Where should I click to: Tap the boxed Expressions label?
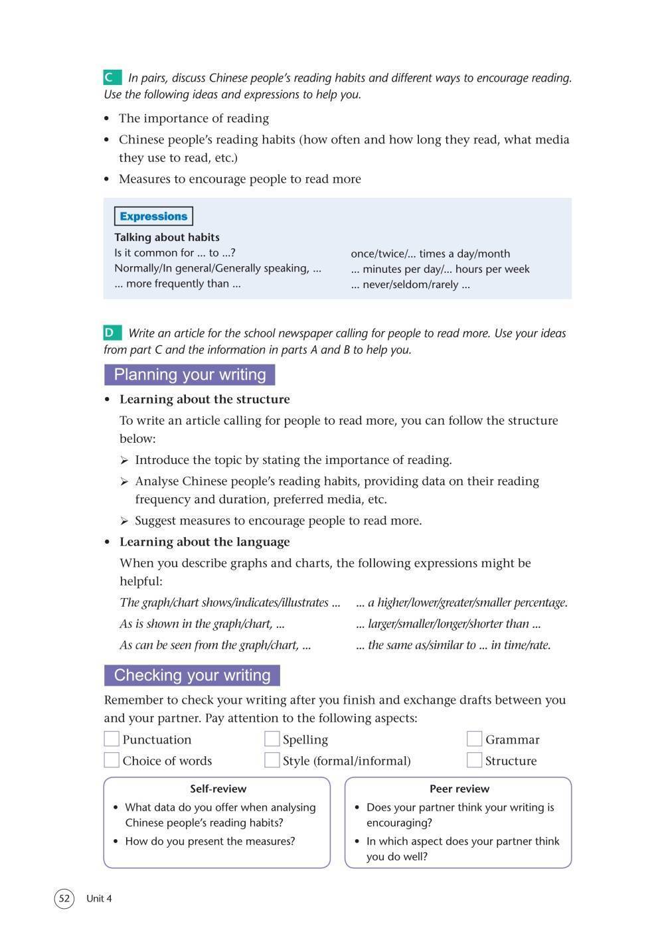pyautogui.click(x=153, y=216)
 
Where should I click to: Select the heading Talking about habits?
pyautogui.click(x=167, y=237)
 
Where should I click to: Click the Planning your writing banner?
pyautogui.click(x=189, y=374)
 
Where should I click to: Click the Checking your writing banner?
pyautogui.click(x=192, y=675)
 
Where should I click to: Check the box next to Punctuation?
pyautogui.click(x=112, y=739)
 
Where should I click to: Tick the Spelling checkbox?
pyautogui.click(x=272, y=739)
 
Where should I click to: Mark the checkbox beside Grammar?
pyautogui.click(x=474, y=739)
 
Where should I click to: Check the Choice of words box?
pyautogui.click(x=112, y=760)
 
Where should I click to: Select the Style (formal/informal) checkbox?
pyautogui.click(x=272, y=760)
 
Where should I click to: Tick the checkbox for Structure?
pyautogui.click(x=474, y=760)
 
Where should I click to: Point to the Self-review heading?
pyautogui.click(x=218, y=789)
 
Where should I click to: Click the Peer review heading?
pyautogui.click(x=459, y=789)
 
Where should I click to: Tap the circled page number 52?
pyautogui.click(x=64, y=899)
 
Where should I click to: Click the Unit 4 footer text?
pyautogui.click(x=99, y=899)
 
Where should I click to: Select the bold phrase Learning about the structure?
pyautogui.click(x=205, y=399)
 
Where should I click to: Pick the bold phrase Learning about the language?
pyautogui.click(x=205, y=542)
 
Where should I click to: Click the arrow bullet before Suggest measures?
pyautogui.click(x=124, y=521)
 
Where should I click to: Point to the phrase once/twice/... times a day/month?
pyautogui.click(x=430, y=254)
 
